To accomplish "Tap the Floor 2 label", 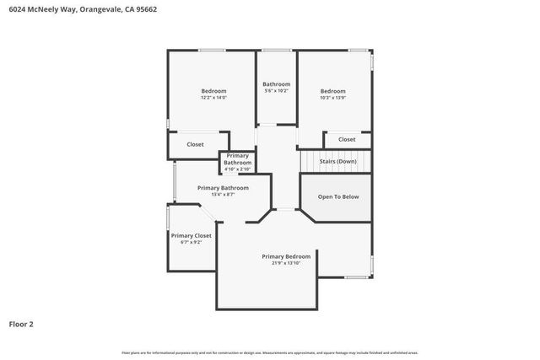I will pos(22,324).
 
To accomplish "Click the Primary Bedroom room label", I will pos(286,255).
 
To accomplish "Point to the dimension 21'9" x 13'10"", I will pos(286,262).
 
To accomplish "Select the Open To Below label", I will pos(338,196).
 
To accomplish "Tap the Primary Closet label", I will pos(191,235).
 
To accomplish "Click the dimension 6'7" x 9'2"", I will pos(191,242).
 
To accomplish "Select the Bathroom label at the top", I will pos(276,83).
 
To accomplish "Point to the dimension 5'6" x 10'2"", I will pos(276,90).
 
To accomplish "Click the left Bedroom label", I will pos(213,90).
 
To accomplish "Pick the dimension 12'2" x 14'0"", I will pos(213,97).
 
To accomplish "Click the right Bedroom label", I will pos(333,90).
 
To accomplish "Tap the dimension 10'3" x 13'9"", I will pos(333,97).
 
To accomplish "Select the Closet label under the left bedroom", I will pos(195,144).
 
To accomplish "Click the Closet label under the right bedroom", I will pos(347,139).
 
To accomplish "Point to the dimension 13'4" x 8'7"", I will pos(223,195).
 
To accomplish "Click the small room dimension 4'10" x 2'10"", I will pos(237,169).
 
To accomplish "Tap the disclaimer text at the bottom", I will pos(270,352).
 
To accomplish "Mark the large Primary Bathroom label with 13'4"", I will pos(223,188).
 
